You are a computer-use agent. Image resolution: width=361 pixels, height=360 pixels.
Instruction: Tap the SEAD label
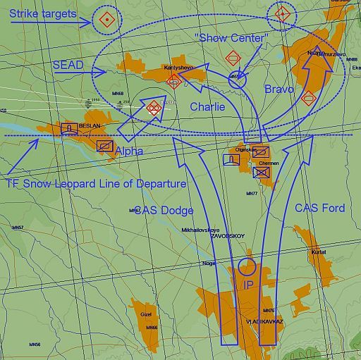(x=68, y=65)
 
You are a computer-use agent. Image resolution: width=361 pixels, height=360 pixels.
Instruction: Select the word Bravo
(x=279, y=89)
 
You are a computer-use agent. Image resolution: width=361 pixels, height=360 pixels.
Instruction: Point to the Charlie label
(x=207, y=107)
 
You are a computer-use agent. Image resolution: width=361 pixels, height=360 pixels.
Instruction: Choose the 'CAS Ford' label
(x=319, y=208)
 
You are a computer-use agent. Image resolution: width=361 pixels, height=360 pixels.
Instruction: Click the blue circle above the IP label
(x=247, y=266)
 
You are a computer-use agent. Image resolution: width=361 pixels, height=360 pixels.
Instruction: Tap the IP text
(x=247, y=285)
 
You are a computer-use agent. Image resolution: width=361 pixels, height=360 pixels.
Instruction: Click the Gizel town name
(x=147, y=315)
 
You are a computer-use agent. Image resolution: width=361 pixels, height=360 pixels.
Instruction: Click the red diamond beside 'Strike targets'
(x=106, y=20)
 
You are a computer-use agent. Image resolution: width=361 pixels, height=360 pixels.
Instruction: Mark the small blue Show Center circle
(x=238, y=80)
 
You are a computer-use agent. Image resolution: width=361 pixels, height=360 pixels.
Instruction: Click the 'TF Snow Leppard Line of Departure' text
(x=96, y=183)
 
